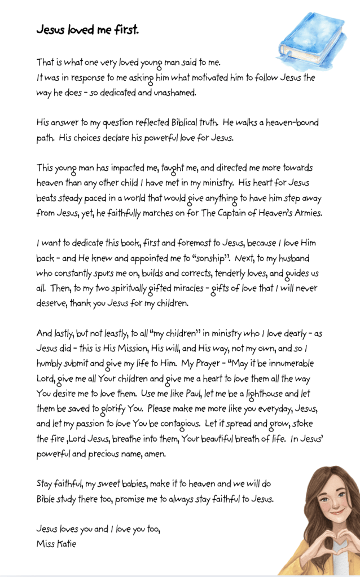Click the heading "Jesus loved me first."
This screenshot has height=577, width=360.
[87, 30]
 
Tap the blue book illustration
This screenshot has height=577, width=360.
[312, 39]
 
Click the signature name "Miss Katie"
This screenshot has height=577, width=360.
[56, 544]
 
